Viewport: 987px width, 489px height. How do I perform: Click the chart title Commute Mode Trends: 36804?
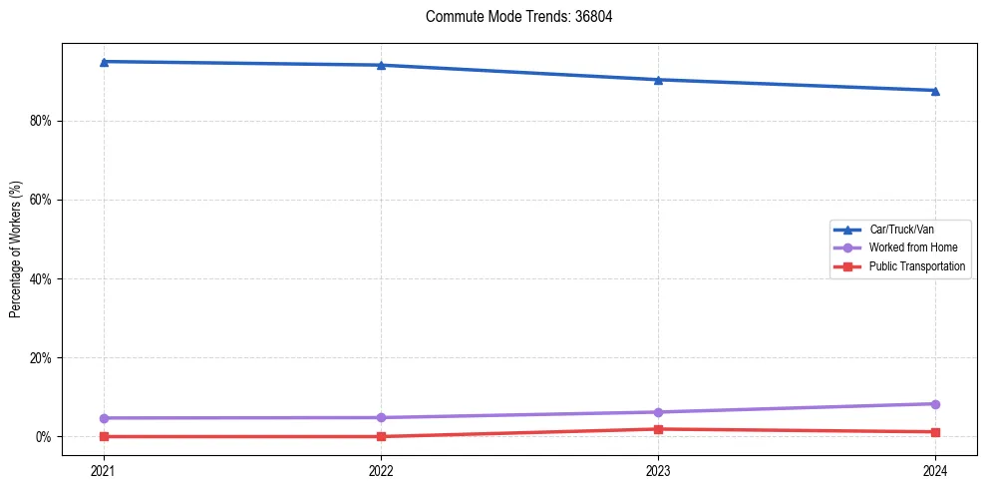point(511,17)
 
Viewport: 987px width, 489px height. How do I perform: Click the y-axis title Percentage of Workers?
point(16,249)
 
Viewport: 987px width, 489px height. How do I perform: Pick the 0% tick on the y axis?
point(43,437)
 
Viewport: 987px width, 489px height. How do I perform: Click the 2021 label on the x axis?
point(104,469)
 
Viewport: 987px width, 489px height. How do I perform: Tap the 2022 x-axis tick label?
point(381,469)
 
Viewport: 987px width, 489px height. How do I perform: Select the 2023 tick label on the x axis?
point(658,469)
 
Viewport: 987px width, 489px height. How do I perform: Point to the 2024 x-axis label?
point(935,469)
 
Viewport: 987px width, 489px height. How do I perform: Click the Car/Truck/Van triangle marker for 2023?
point(658,80)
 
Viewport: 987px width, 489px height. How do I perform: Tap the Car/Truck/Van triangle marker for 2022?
point(381,65)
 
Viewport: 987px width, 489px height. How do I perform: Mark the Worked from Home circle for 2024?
point(935,404)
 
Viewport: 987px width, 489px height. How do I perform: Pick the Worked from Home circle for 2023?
point(658,412)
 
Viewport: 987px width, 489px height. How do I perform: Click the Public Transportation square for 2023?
point(658,429)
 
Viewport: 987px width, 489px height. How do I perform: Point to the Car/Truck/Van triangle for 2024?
point(935,91)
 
